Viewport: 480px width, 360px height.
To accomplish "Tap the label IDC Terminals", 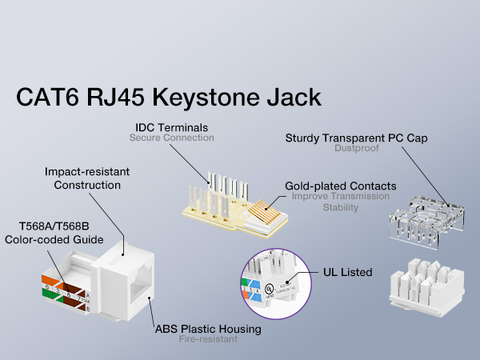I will pyautogui.click(x=170, y=126).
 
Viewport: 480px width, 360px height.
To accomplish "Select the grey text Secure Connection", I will pyautogui.click(x=171, y=138).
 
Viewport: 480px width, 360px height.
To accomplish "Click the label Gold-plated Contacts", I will pyautogui.click(x=340, y=186).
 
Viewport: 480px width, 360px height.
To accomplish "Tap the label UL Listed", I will pyautogui.click(x=348, y=272).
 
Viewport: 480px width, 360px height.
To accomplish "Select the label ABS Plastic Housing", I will pyautogui.click(x=208, y=329).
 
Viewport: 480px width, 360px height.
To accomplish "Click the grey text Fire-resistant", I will pyautogui.click(x=208, y=339).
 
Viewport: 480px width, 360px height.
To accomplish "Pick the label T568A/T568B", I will pyautogui.click(x=54, y=226).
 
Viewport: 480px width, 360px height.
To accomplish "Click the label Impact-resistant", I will pyautogui.click(x=87, y=172).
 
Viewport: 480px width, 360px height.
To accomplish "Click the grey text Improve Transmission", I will pyautogui.click(x=340, y=196).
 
